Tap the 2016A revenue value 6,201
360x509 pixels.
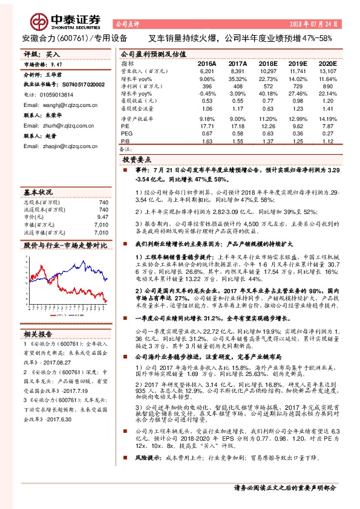pyautogui.click(x=206, y=71)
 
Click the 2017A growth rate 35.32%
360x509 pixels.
pyautogui.click(x=238, y=79)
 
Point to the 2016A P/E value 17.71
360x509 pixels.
pyautogui.click(x=206, y=125)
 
